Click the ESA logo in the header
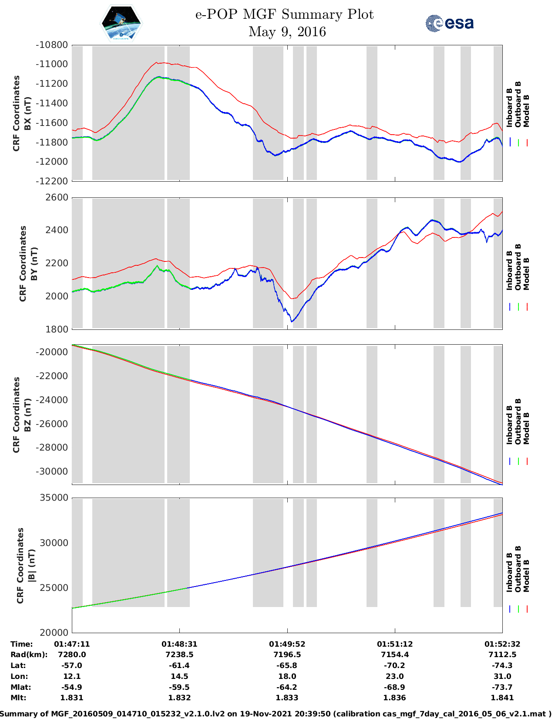(450, 23)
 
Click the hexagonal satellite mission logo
(121, 23)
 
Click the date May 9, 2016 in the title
(287, 32)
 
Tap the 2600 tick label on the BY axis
(57, 197)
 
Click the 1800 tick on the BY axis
(57, 329)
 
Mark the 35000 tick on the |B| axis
(54, 498)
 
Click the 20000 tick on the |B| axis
(54, 632)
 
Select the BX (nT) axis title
(28, 113)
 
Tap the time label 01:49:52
(287, 644)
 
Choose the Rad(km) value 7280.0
(72, 655)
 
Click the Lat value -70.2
(394, 665)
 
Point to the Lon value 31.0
(502, 676)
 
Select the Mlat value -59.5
(179, 687)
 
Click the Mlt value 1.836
(394, 698)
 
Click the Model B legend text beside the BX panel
(527, 111)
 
